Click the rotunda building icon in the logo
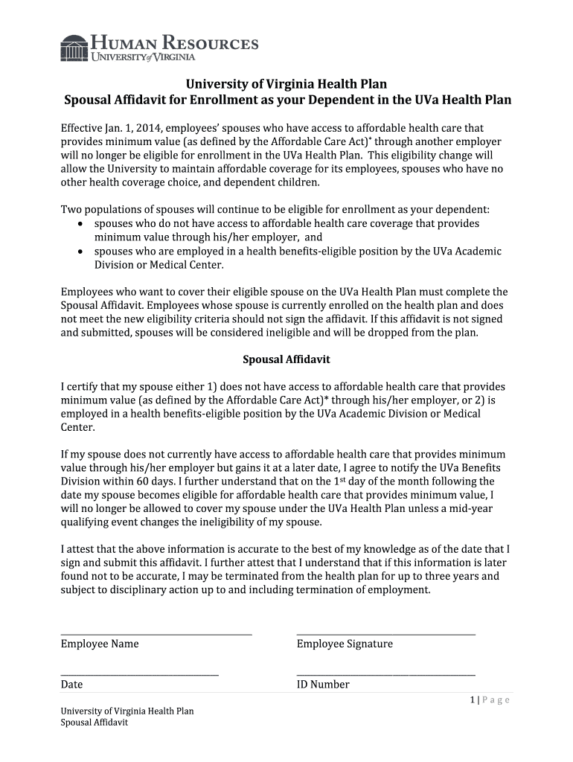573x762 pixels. (x=74, y=48)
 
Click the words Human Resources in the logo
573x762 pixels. (x=175, y=42)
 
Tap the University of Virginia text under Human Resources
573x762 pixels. (x=144, y=57)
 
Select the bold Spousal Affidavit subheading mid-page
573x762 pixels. (x=286, y=359)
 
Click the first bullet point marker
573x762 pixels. (x=81, y=224)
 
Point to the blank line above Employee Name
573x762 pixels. (x=156, y=633)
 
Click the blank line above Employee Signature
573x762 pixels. (x=385, y=633)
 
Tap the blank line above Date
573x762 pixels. (x=139, y=674)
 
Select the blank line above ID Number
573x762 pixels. (x=385, y=674)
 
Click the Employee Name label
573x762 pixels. (x=100, y=644)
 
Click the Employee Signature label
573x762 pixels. (x=345, y=644)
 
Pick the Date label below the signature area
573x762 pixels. (x=72, y=685)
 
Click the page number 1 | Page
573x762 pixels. (x=489, y=699)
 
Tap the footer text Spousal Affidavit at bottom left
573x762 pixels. (x=95, y=723)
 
